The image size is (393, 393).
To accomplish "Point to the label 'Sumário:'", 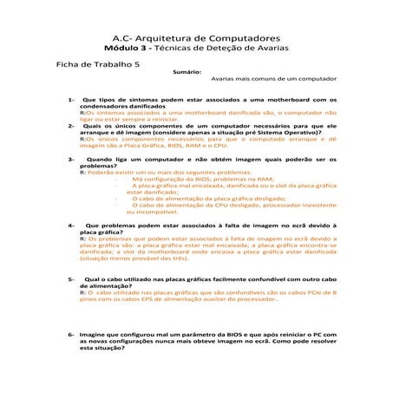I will point(187,73).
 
